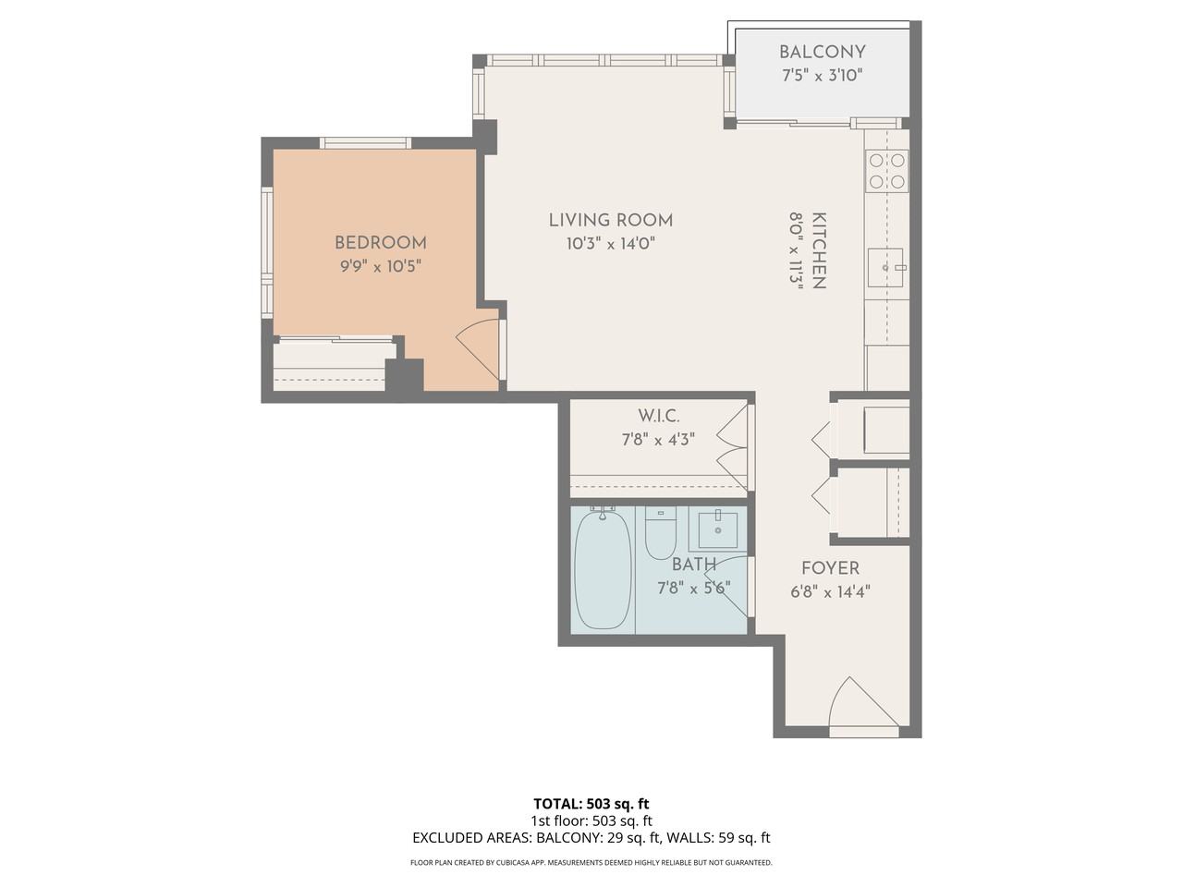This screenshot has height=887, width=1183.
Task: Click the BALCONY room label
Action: [822, 53]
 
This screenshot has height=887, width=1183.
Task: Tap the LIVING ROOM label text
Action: [610, 220]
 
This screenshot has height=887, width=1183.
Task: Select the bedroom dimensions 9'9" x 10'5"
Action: [380, 266]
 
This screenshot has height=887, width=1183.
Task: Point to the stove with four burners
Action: [886, 170]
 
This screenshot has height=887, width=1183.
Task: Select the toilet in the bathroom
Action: [661, 535]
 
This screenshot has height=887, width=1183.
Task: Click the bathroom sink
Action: [718, 529]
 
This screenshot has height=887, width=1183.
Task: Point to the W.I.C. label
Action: [658, 417]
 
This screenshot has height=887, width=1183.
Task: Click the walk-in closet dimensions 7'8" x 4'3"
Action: [658, 440]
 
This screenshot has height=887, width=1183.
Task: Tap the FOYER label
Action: [830, 568]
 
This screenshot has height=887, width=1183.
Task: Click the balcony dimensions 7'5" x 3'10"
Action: [822, 76]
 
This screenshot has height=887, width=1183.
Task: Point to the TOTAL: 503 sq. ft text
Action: [591, 803]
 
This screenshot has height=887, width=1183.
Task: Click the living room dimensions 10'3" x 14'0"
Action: [610, 244]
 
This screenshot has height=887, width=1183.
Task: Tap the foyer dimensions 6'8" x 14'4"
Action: [830, 592]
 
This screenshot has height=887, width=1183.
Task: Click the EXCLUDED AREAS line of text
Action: [591, 838]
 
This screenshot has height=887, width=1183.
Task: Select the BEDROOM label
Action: [380, 243]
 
